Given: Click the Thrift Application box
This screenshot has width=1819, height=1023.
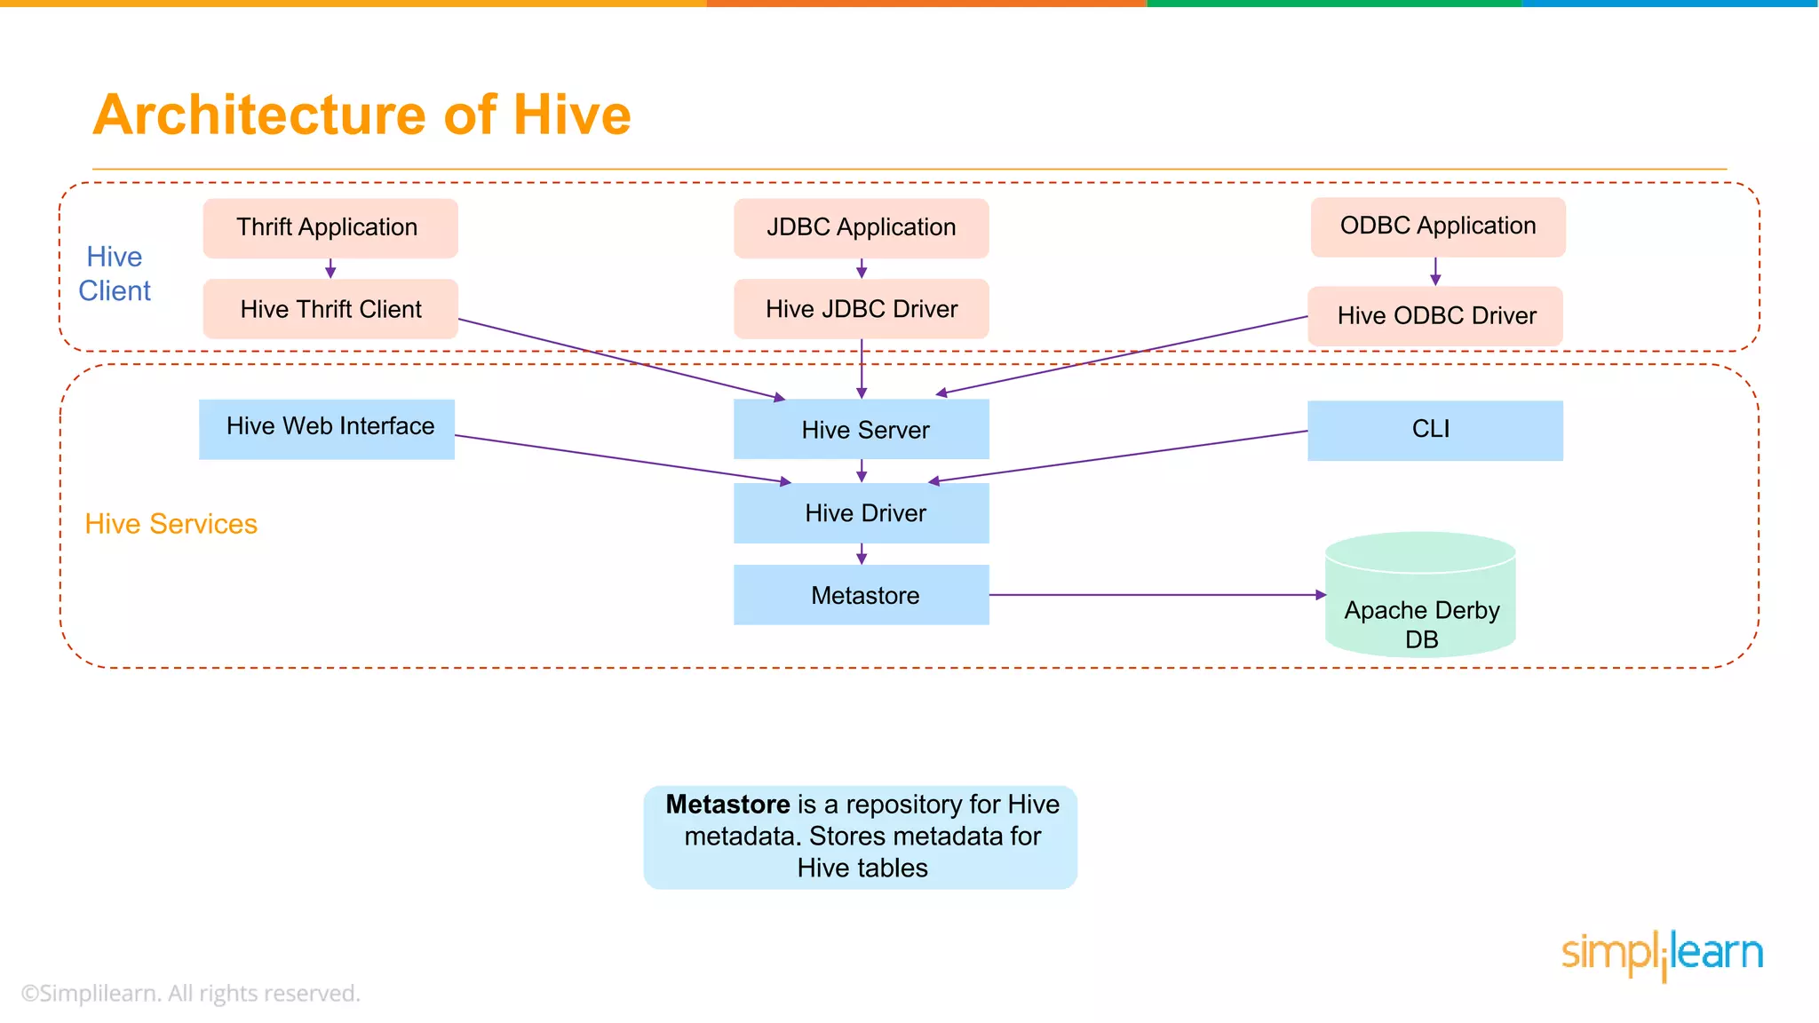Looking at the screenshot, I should point(330,228).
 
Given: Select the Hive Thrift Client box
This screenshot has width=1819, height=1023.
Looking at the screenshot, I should point(330,309).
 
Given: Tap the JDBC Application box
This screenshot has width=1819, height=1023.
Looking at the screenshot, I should point(861,228).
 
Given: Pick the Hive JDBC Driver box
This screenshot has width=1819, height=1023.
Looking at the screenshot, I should point(861,309).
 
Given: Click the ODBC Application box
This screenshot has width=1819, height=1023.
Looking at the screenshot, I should point(1437,226).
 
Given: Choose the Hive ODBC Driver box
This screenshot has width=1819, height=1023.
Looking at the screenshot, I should point(1435,316).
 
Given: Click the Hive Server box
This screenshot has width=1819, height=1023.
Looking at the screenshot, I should point(861,430).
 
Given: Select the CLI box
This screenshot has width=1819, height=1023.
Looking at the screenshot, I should point(1434,431).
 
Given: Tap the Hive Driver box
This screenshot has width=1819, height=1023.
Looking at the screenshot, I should point(861,513).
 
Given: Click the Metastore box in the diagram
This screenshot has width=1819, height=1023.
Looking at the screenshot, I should point(861,595).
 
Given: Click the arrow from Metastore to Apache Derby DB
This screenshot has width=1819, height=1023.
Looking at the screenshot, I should point(1155,595).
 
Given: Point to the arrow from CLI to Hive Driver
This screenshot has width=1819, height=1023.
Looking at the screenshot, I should point(1119,456).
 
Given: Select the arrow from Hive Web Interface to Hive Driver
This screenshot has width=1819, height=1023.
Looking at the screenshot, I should point(622,459).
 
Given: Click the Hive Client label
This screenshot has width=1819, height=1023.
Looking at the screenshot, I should point(115,274).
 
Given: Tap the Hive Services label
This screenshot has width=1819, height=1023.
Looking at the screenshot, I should point(171,524).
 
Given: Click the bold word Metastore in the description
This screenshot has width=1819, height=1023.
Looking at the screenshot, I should point(727,805).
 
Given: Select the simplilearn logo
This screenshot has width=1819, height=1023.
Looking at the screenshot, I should point(1662,955).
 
